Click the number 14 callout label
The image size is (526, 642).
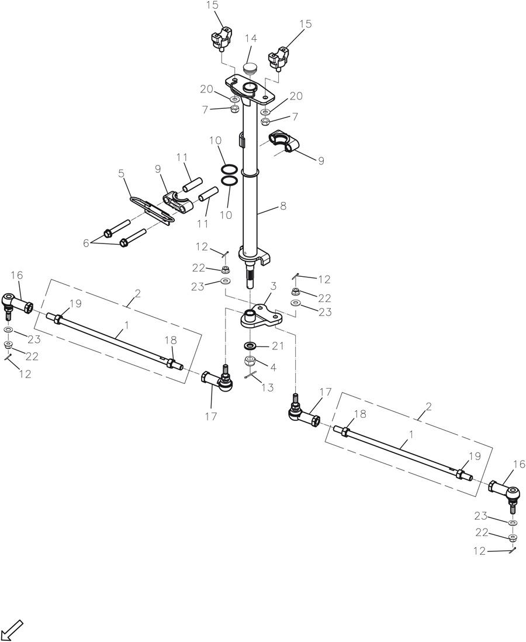pos(251,39)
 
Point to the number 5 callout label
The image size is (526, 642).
pos(121,173)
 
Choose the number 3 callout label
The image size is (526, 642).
pos(272,287)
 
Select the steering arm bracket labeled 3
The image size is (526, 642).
pos(258,316)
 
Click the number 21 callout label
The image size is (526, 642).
pos(277,346)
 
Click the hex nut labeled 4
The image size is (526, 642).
pos(250,361)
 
